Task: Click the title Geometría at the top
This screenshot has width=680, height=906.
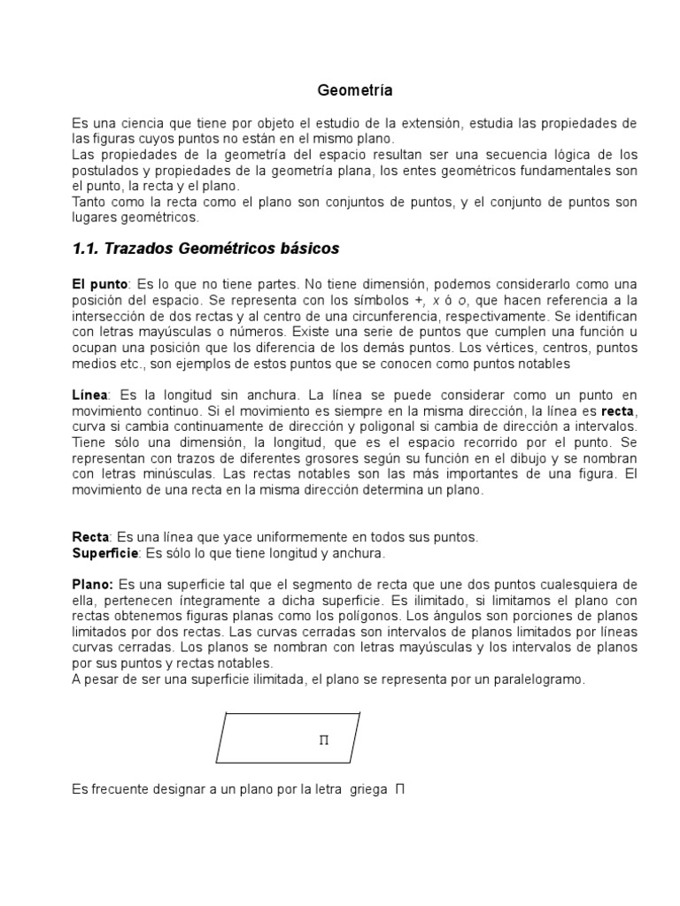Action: tap(354, 90)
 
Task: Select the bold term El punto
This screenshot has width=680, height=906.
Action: tap(100, 284)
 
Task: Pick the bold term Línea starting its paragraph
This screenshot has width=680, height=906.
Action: tap(89, 394)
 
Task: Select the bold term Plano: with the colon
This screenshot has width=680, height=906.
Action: tap(93, 584)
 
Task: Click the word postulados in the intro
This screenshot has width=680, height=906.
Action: tap(104, 171)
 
